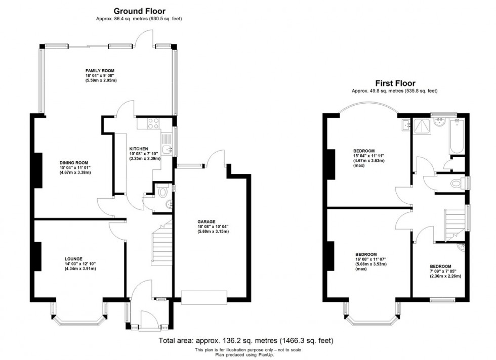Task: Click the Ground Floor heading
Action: point(139,11)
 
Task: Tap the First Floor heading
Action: point(395,83)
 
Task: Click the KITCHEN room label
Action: point(139,148)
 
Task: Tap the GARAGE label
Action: point(207,221)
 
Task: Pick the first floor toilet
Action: point(458,183)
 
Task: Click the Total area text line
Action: point(246,341)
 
